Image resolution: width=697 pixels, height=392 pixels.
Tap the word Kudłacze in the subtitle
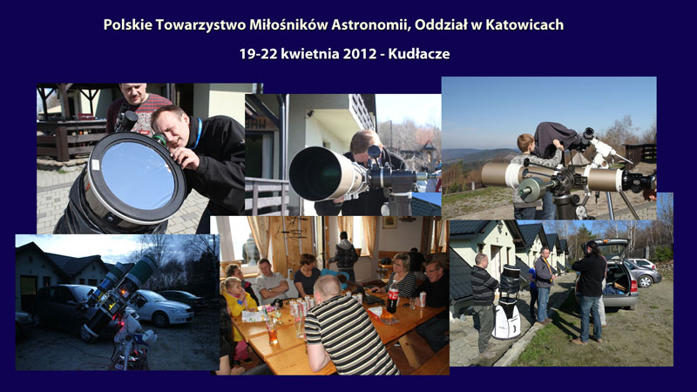[x=419, y=54]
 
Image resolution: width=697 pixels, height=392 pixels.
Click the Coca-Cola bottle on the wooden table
[x=393, y=296]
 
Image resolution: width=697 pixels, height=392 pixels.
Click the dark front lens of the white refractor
[x=316, y=173]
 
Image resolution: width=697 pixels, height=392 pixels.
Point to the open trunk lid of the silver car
[x=612, y=248]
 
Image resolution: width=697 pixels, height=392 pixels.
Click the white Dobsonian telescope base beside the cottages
[x=507, y=319]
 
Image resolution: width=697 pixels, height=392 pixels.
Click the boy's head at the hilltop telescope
[x=526, y=143]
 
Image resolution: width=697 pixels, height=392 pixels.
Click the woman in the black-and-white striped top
[x=402, y=275]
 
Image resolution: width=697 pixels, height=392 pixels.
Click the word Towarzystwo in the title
[x=201, y=25]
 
